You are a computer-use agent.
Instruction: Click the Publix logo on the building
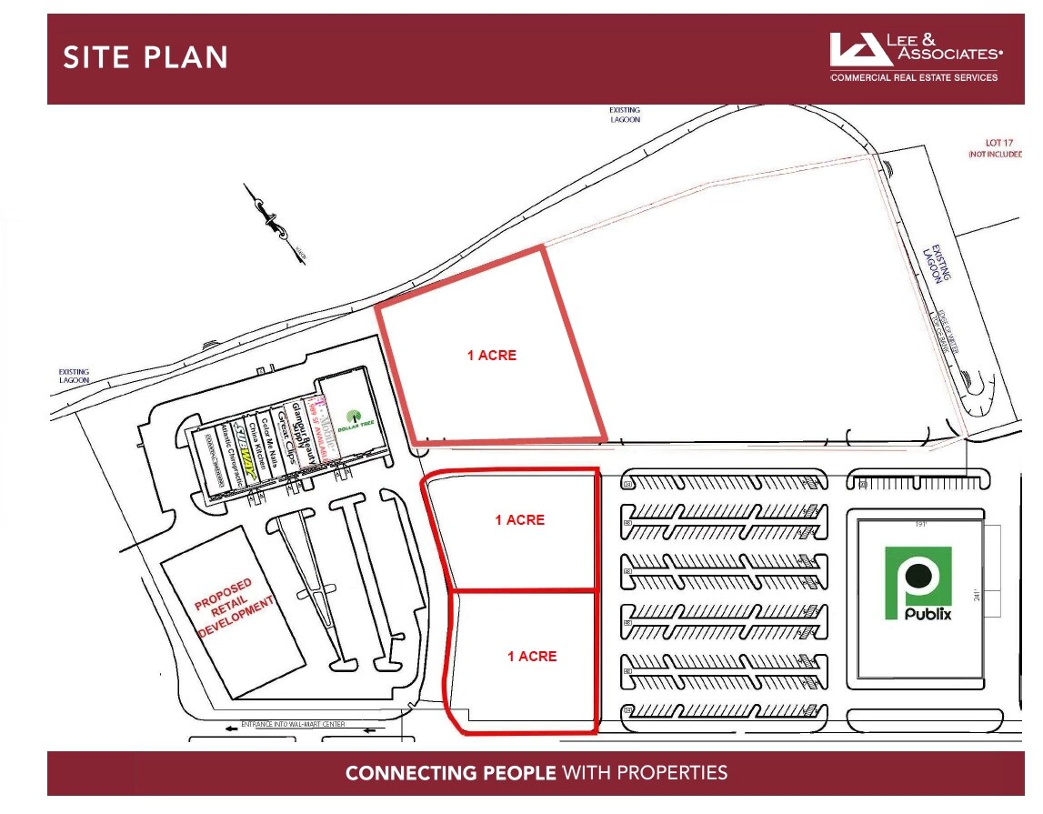pos(918,583)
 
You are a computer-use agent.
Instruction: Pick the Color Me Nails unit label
pos(270,441)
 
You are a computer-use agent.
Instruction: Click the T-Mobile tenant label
pos(321,426)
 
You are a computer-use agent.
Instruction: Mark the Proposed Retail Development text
pos(235,606)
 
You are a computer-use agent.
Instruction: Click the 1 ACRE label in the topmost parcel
pos(491,356)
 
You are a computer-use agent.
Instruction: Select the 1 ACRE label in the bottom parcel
pos(532,656)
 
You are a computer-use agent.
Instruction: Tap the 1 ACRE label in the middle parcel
pos(519,520)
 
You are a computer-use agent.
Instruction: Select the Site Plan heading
pos(145,58)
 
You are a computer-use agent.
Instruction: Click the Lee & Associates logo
pos(915,57)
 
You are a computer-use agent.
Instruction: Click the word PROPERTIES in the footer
pos(672,774)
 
